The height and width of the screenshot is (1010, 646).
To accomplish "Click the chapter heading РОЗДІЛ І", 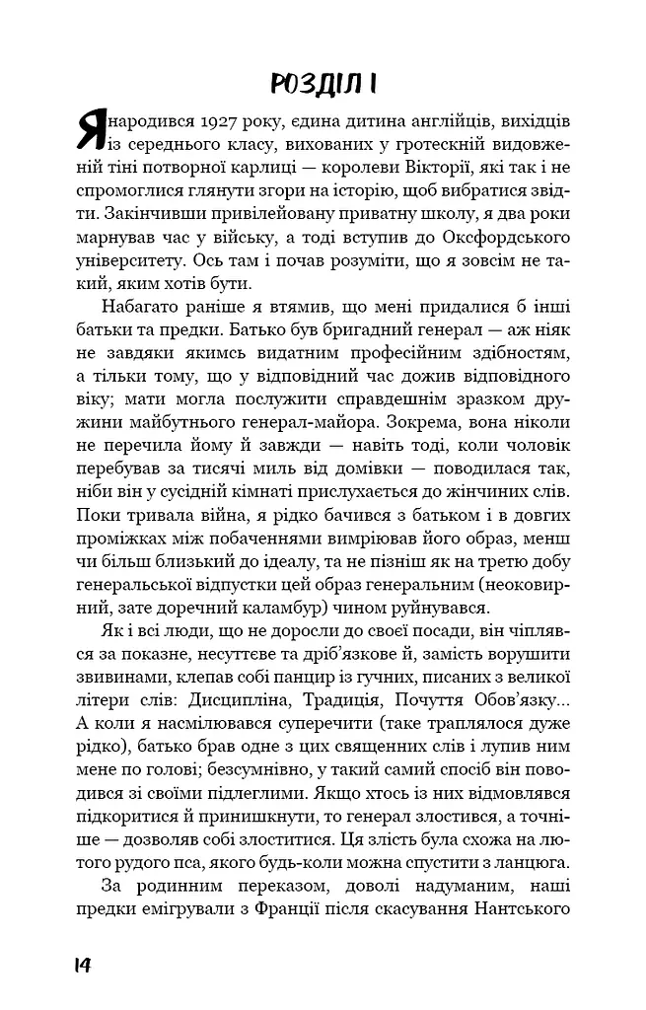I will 323,84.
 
